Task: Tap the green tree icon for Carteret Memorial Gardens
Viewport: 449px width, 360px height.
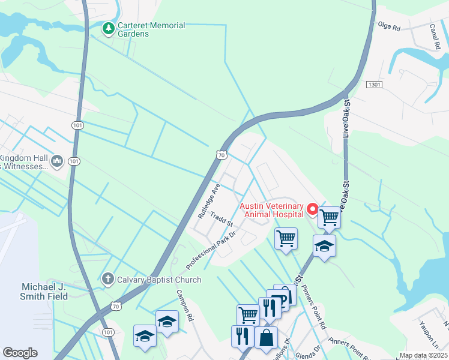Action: pyautogui.click(x=108, y=28)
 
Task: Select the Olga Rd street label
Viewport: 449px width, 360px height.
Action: pyautogui.click(x=388, y=25)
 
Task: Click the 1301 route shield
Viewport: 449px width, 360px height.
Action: pyautogui.click(x=374, y=85)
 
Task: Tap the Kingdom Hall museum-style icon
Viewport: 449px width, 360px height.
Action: pyautogui.click(x=58, y=161)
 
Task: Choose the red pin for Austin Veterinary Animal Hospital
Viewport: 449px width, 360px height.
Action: pyautogui.click(x=312, y=209)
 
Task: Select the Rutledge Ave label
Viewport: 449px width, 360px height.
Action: pyautogui.click(x=209, y=200)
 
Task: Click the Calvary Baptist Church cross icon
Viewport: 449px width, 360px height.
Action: pyautogui.click(x=108, y=278)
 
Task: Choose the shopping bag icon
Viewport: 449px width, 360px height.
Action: pyautogui.click(x=266, y=337)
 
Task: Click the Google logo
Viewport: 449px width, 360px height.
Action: pyautogui.click(x=20, y=353)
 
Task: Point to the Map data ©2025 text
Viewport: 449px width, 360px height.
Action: pyautogui.click(x=424, y=355)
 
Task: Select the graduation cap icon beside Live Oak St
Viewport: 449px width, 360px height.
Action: pyautogui.click(x=324, y=246)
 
